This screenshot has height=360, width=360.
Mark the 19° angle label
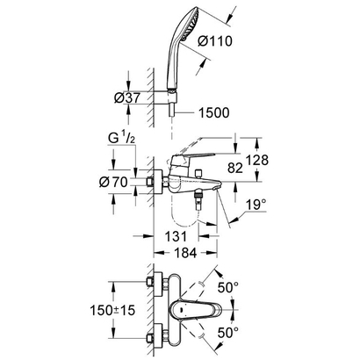coord(256,204)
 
